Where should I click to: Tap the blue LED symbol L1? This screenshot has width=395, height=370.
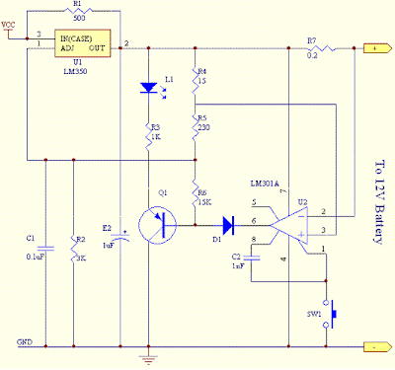(149, 88)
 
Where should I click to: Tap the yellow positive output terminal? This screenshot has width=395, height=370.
(374, 47)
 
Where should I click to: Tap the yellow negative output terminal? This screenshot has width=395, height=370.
(374, 347)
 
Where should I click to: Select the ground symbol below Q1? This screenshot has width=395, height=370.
(150, 359)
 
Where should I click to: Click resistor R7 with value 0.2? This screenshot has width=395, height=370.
(313, 47)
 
